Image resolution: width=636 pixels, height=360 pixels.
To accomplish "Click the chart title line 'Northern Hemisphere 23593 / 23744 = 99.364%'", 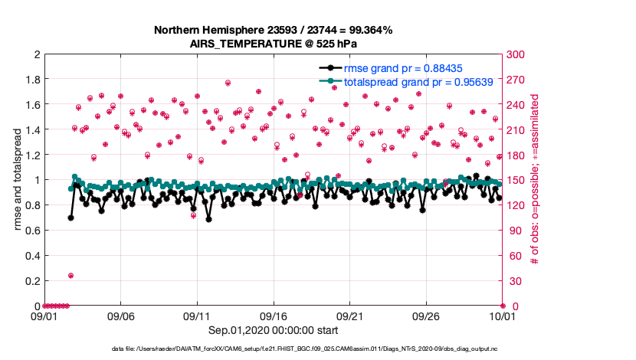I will [x=274, y=31].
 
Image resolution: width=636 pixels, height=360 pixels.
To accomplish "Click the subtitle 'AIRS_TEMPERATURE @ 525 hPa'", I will [x=274, y=44].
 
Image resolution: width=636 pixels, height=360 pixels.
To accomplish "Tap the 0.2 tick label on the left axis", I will [x=31, y=281].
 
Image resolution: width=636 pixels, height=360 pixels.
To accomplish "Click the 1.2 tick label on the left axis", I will [x=31, y=155].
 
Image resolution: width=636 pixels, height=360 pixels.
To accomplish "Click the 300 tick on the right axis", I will [x=516, y=54].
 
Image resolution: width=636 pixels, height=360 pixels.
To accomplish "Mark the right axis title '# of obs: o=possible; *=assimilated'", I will [x=534, y=180].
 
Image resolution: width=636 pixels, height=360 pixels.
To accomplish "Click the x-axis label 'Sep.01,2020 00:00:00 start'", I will [x=274, y=330].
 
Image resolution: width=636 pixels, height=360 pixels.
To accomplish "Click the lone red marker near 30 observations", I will [x=70, y=276].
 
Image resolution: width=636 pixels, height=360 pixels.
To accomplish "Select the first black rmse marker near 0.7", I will [x=70, y=218].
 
